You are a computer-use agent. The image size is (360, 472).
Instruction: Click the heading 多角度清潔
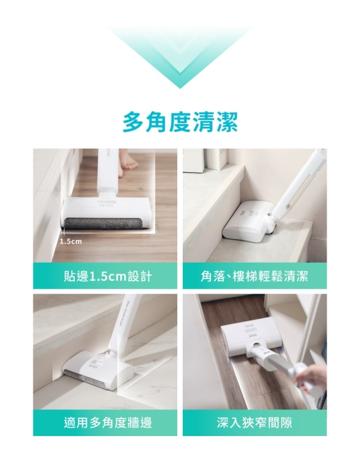click(x=180, y=122)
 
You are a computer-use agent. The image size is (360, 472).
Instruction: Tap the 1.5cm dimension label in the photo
click(x=71, y=241)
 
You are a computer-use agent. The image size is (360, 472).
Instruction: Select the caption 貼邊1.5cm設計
click(x=107, y=276)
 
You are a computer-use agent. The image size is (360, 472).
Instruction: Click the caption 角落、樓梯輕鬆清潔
click(x=255, y=276)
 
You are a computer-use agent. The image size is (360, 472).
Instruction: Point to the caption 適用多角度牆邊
click(x=108, y=423)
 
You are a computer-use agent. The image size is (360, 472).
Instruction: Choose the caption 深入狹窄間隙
click(x=255, y=423)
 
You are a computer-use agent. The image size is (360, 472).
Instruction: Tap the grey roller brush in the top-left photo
click(x=102, y=224)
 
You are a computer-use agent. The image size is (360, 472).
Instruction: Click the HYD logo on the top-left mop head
click(x=107, y=205)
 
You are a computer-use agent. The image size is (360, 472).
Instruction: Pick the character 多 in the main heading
click(x=133, y=122)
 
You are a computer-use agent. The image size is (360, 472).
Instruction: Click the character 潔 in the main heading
click(x=227, y=122)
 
